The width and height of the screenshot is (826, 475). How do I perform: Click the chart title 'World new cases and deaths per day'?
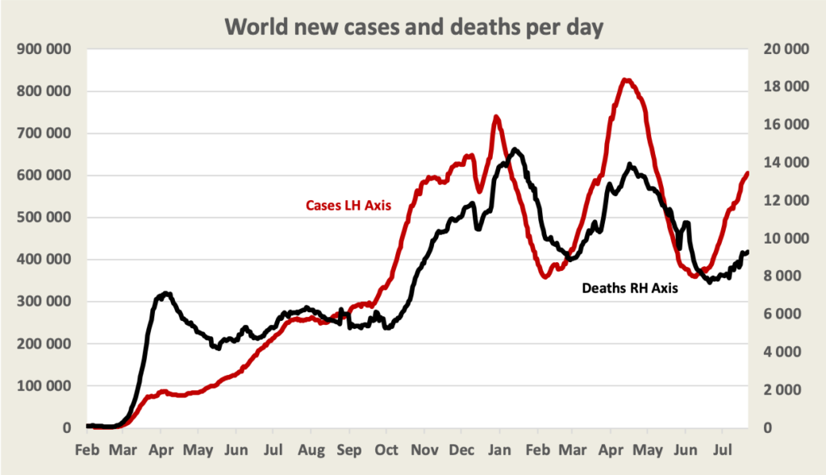[x=413, y=26]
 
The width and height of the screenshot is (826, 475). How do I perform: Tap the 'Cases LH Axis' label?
[x=348, y=206]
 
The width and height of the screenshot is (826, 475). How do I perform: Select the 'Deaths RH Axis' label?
[x=629, y=287]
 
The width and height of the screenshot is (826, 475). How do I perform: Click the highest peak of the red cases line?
[x=627, y=79]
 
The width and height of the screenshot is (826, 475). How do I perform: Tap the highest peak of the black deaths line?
[x=515, y=149]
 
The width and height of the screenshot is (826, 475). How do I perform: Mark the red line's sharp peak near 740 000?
[x=496, y=117]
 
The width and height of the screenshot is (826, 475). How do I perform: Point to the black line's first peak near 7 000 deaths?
[x=165, y=294]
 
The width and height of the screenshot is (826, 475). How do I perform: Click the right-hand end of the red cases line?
[x=748, y=173]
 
